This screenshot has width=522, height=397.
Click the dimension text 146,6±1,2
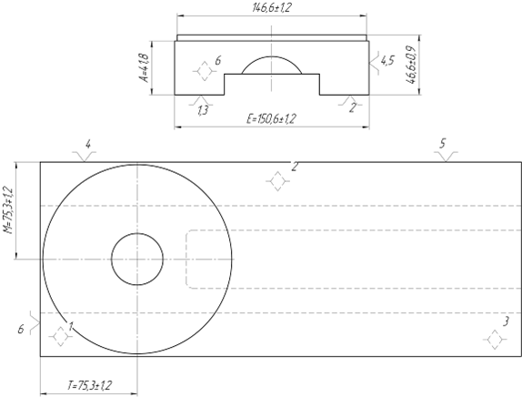pyautogui.click(x=272, y=7)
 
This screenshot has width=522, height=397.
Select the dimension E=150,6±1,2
pyautogui.click(x=271, y=119)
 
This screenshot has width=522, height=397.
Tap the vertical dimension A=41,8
pyautogui.click(x=145, y=67)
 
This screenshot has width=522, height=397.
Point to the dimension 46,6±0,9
pyautogui.click(x=411, y=65)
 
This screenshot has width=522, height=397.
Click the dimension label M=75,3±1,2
pyautogui.click(x=8, y=210)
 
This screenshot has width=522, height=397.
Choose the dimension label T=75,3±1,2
pyautogui.click(x=89, y=386)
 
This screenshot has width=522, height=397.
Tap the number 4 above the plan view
pyautogui.click(x=88, y=145)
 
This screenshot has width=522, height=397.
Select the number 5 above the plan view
pyautogui.click(x=443, y=144)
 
